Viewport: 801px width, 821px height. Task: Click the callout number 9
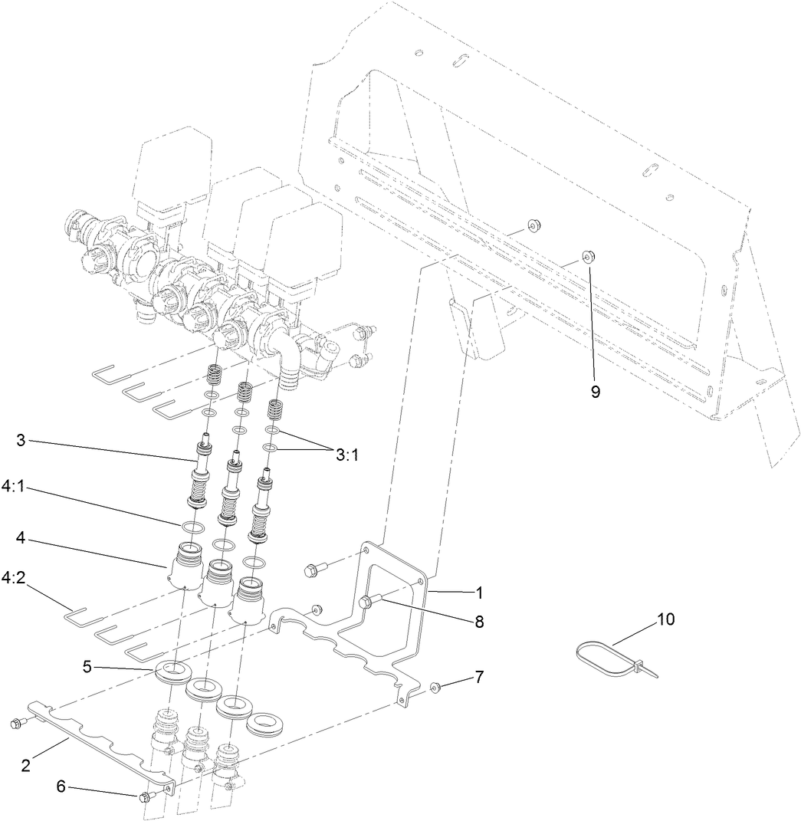tap(595, 391)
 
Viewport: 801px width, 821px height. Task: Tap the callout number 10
tap(665, 619)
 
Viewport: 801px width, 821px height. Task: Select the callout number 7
tap(479, 678)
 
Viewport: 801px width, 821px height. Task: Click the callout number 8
tap(479, 622)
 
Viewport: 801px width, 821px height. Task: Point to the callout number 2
tap(26, 765)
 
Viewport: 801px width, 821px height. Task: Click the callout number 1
tap(479, 593)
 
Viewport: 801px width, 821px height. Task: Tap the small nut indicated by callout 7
tap(434, 687)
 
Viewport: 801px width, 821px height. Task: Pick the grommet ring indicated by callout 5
tap(174, 672)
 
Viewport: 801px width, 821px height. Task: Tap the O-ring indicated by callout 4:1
tap(192, 527)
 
